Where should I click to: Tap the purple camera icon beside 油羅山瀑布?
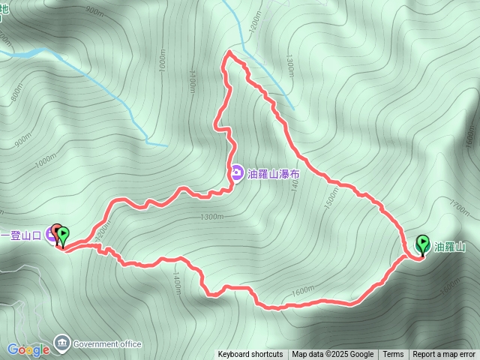pyautogui.click(x=236, y=174)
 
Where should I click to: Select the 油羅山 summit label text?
pyautogui.click(x=450, y=246)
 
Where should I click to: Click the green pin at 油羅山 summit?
pyautogui.click(x=422, y=245)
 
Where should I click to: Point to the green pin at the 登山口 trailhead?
pyautogui.click(x=62, y=236)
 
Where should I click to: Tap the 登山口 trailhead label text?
pyautogui.click(x=22, y=235)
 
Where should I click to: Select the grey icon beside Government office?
pyautogui.click(x=61, y=344)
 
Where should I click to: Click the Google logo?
pyautogui.click(x=28, y=349)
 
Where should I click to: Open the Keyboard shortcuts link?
pyautogui.click(x=250, y=355)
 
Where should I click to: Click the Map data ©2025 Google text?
pyautogui.click(x=333, y=355)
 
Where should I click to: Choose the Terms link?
pyautogui.click(x=393, y=355)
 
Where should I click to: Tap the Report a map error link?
pyautogui.click(x=445, y=355)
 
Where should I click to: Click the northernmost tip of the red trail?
pyautogui.click(x=229, y=52)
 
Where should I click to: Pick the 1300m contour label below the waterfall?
pyautogui.click(x=212, y=217)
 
